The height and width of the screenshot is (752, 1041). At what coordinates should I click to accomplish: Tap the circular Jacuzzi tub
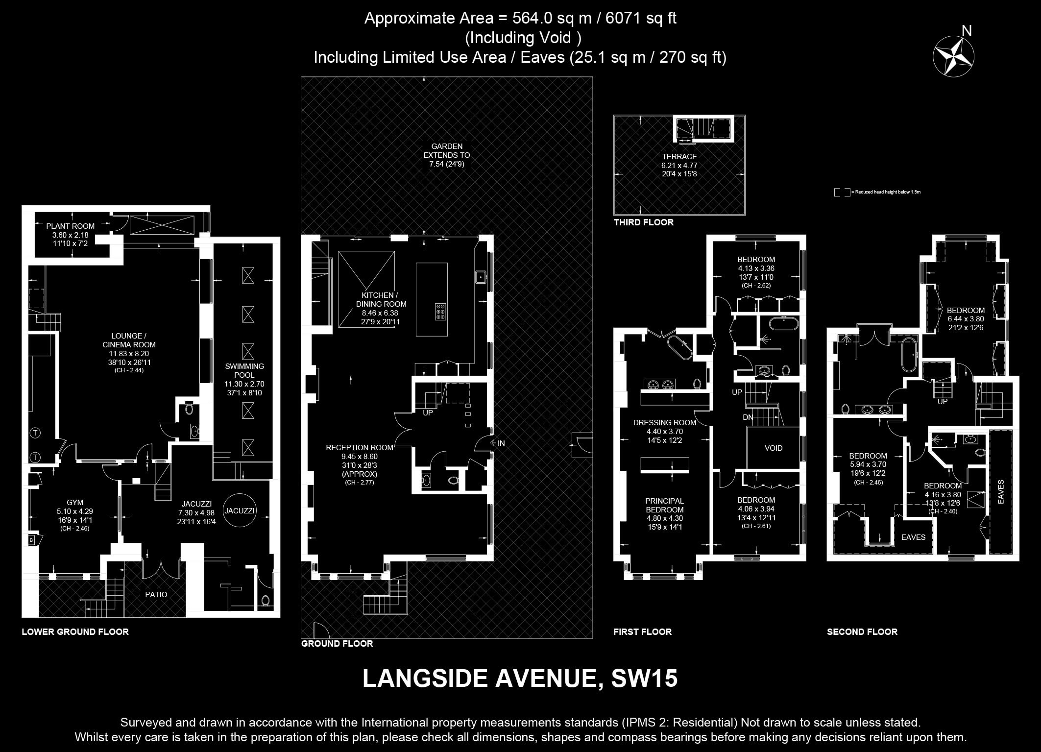[240, 510]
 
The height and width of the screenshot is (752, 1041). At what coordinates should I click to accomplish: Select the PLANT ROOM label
[71, 226]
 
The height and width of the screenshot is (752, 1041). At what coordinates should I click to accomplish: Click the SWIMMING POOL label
[244, 370]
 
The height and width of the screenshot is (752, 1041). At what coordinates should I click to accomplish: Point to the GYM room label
[75, 502]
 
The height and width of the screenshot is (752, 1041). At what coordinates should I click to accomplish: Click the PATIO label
[156, 594]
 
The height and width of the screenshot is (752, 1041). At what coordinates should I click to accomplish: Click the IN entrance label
[501, 443]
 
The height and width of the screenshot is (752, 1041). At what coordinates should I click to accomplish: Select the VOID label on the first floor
[774, 448]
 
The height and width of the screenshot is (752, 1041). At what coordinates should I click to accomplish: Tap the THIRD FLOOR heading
[644, 222]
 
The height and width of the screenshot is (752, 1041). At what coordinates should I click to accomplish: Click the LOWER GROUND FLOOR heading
[75, 632]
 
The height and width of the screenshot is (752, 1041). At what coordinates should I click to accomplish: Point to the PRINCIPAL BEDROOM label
[664, 505]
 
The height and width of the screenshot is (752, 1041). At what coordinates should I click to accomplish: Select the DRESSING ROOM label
[664, 423]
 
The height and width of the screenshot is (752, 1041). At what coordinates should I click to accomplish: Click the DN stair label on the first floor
[748, 417]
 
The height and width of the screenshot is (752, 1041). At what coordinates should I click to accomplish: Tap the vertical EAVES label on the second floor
[1001, 491]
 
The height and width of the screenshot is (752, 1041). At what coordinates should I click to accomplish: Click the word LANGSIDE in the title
[425, 679]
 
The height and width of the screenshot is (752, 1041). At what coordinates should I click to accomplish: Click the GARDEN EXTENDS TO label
[447, 150]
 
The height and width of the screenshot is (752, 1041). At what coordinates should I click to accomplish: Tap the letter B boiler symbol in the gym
[32, 540]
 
